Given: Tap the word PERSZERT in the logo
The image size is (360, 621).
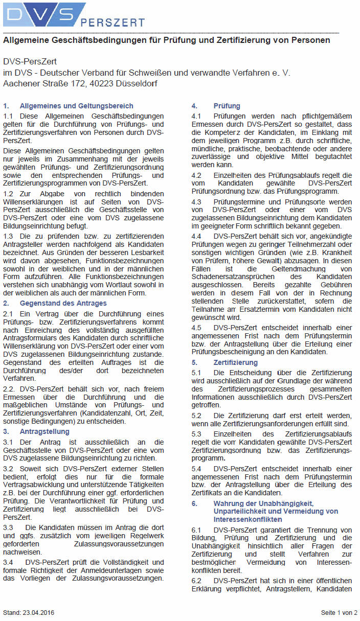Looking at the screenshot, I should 112,22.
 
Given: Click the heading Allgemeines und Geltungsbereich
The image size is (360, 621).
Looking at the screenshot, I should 76,106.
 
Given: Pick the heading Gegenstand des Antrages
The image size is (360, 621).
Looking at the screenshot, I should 63,303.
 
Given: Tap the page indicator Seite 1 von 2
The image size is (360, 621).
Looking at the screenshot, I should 339,612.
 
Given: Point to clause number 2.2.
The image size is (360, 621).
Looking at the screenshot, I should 9,389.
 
